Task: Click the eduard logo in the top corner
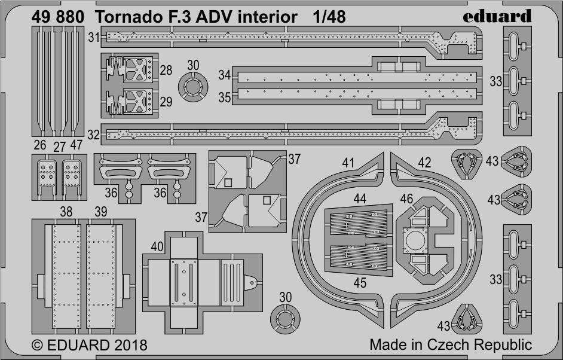click(497, 16)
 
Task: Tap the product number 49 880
click(58, 17)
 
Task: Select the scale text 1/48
click(329, 17)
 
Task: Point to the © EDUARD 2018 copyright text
click(90, 345)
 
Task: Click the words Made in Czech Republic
click(451, 344)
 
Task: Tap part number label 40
click(157, 247)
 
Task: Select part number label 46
click(406, 199)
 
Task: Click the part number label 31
click(94, 37)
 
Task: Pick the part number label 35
click(225, 97)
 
